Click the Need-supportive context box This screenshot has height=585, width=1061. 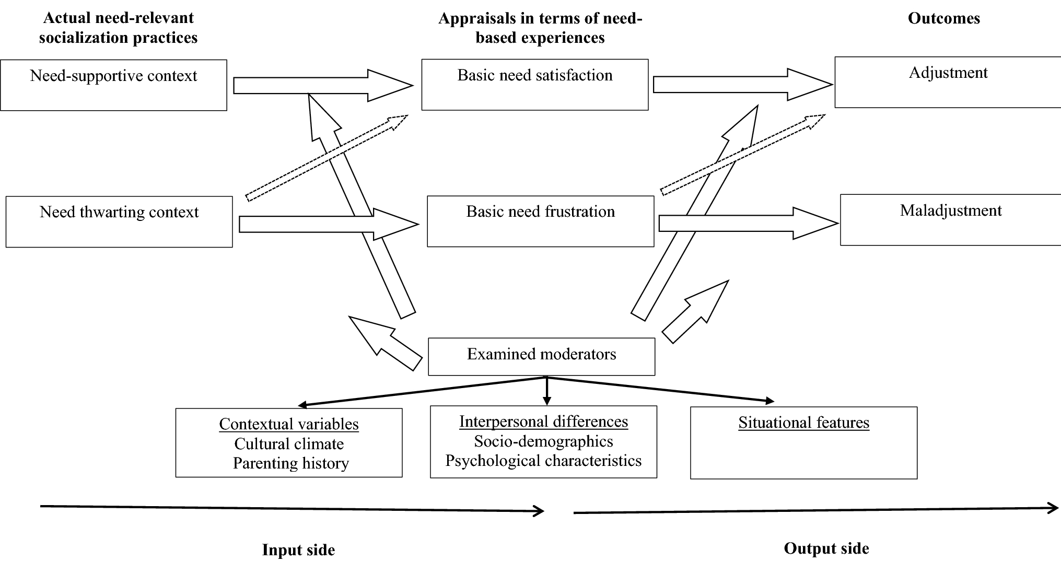click(113, 85)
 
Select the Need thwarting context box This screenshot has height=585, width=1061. click(119, 221)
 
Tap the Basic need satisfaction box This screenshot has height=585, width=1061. click(534, 85)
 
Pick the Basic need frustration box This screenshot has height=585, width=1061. click(540, 221)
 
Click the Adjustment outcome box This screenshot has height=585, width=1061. click(948, 83)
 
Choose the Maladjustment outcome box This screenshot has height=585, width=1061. click(950, 220)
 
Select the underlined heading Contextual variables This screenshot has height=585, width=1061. click(289, 424)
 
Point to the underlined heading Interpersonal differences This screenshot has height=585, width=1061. click(543, 422)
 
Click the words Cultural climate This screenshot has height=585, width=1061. click(289, 443)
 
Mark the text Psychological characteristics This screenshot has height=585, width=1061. click(543, 461)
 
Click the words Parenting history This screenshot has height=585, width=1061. click(290, 463)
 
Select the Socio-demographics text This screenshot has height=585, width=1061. click(543, 441)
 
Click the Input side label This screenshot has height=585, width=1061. click(298, 550)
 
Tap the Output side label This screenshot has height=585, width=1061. click(826, 548)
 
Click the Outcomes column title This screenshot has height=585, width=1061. click(943, 18)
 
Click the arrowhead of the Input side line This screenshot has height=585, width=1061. click(540, 511)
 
